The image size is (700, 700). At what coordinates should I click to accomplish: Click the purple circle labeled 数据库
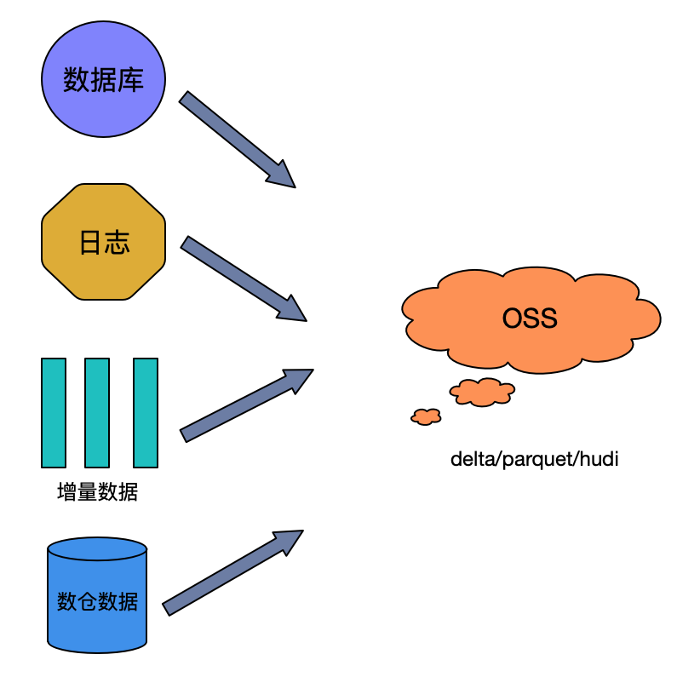[103, 79]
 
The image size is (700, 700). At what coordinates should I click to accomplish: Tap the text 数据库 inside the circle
[103, 80]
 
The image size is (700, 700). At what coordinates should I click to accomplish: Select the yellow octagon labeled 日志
[103, 242]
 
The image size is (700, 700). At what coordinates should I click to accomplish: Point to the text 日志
[105, 243]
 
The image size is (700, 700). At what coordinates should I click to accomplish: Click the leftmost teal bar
[54, 413]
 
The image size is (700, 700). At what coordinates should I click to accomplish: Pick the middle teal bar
[97, 413]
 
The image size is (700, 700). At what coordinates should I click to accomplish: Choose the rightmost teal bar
[146, 413]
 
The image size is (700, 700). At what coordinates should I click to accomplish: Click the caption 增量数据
[97, 492]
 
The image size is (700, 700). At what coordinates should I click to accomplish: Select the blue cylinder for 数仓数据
[97, 595]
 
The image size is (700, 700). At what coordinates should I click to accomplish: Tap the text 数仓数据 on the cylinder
[97, 601]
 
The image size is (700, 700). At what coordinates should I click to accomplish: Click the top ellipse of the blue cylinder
[97, 548]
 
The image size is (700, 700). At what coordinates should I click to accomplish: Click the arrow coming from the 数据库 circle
[237, 139]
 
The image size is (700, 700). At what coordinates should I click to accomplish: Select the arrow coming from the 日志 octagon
[244, 278]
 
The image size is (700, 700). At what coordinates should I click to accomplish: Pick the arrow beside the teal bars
[246, 405]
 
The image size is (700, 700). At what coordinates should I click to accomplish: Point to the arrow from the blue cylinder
[232, 573]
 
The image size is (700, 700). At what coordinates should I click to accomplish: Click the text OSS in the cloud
[530, 318]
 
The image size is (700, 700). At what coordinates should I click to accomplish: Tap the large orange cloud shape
[531, 320]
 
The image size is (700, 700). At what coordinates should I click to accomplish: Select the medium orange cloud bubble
[482, 392]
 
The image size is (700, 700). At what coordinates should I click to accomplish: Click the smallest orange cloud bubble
[426, 416]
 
